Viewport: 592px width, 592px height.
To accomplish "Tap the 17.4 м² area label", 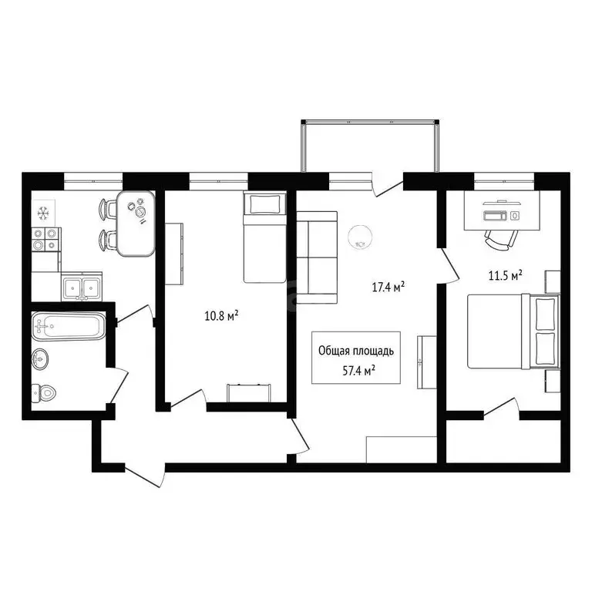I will point(388,288).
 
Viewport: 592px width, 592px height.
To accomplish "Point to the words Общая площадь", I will point(357,351).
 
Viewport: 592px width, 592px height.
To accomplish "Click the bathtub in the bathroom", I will point(66,327).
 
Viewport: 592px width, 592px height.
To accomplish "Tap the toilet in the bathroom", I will point(45,393).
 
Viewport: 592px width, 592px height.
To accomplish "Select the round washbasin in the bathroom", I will point(41,358).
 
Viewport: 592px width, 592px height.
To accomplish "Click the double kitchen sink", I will point(81,288).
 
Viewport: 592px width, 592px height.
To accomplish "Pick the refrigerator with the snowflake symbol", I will point(43,210).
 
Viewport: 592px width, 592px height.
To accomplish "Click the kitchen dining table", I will point(136,224).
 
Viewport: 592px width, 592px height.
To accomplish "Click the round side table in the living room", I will point(361,236).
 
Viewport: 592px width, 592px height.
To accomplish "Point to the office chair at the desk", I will point(498,237).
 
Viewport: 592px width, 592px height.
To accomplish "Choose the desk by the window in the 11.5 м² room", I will point(501,209).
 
